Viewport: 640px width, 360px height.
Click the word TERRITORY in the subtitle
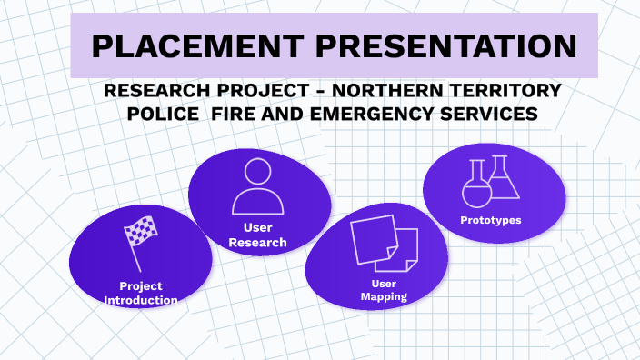pyautogui.click(x=514, y=91)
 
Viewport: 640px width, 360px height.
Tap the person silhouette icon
pyautogui.click(x=258, y=185)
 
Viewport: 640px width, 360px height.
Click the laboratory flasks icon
pyautogui.click(x=490, y=181)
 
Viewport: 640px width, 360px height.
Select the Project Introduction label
pyautogui.click(x=141, y=293)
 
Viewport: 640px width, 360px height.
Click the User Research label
pyautogui.click(x=258, y=235)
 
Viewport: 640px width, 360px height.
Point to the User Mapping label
pyautogui.click(x=382, y=290)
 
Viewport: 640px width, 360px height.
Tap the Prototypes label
pyautogui.click(x=491, y=219)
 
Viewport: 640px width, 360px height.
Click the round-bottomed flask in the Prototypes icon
pyautogui.click(x=475, y=187)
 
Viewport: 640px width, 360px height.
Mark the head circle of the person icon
pyautogui.click(x=258, y=172)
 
